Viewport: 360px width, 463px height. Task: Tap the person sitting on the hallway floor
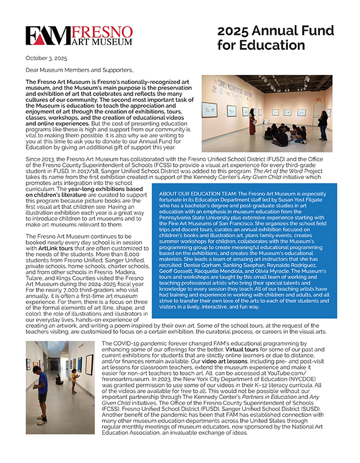pyautogui.click(x=58, y=378)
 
